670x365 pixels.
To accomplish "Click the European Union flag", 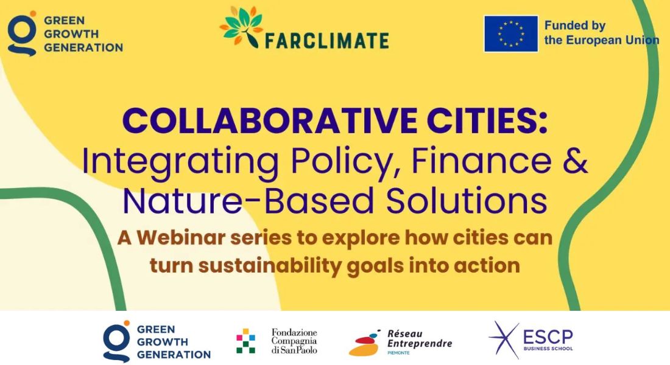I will tap(511, 33).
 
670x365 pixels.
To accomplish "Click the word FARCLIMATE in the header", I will tap(326, 40).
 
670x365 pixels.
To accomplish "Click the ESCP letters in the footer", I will tap(548, 336).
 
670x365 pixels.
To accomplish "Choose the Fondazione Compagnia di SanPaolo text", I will tap(294, 341).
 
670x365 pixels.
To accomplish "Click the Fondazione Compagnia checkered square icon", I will tap(246, 341).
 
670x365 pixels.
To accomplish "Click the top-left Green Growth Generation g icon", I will tap(22, 33).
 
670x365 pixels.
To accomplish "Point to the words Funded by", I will tap(574, 26).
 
